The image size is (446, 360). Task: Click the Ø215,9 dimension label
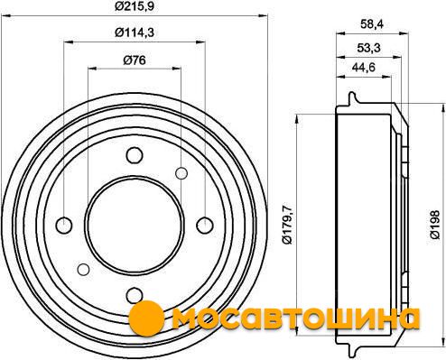pyautogui.click(x=135, y=6)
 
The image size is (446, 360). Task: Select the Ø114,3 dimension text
pyautogui.click(x=135, y=32)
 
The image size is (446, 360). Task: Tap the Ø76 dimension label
pyautogui.click(x=135, y=60)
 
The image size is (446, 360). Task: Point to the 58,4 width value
pyautogui.click(x=372, y=24)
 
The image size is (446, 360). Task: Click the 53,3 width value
pyautogui.click(x=369, y=48)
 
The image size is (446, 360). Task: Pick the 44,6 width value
pyautogui.click(x=364, y=68)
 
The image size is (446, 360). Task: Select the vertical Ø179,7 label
pyautogui.click(x=287, y=225)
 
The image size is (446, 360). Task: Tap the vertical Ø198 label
pyautogui.click(x=435, y=225)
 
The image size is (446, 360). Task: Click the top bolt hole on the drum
pyautogui.click(x=135, y=155)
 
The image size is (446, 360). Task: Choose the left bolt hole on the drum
pyautogui.click(x=64, y=226)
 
